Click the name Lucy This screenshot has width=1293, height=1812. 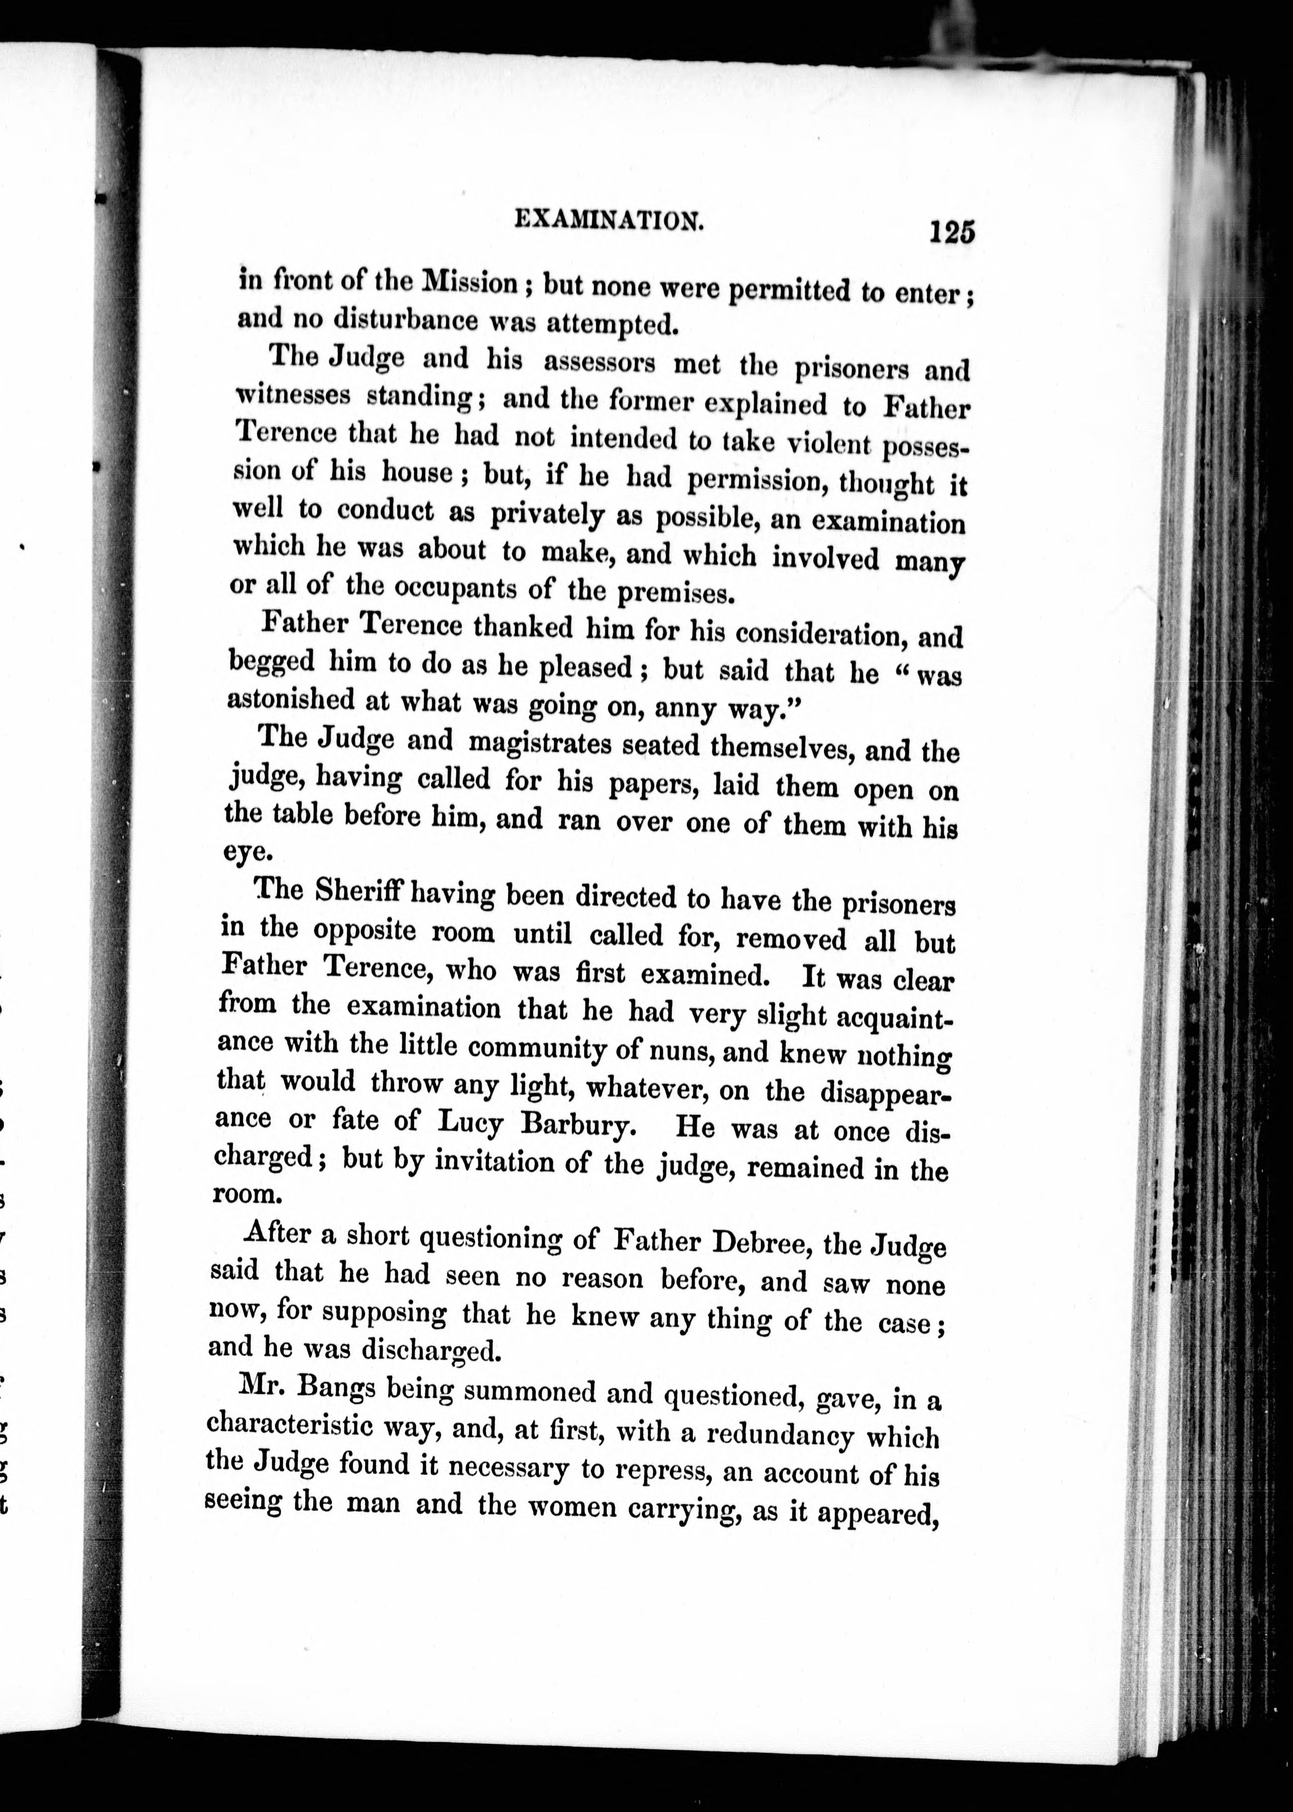[470, 1123]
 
